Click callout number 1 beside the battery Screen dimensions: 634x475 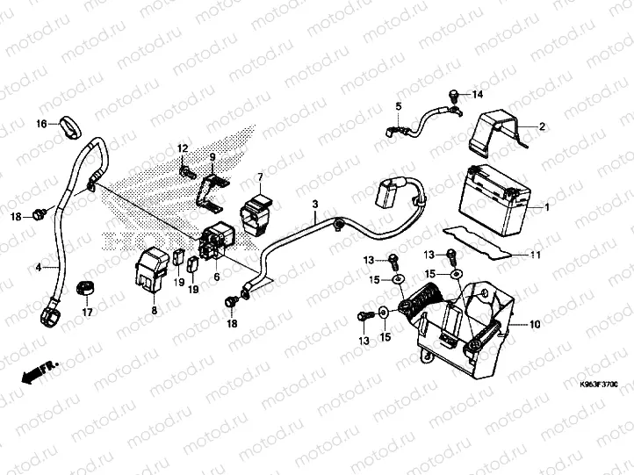tap(547, 207)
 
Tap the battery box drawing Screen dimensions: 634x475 tap(494, 198)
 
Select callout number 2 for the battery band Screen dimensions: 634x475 tap(542, 127)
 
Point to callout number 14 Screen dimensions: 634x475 tap(478, 94)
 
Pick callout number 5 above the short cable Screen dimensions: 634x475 tap(398, 106)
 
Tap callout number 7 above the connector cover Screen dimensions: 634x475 tap(260, 178)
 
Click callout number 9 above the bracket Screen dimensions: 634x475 tap(212, 156)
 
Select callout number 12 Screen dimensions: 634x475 tap(184, 147)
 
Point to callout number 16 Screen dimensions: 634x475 tap(41, 125)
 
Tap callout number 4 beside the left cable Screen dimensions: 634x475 tap(39, 266)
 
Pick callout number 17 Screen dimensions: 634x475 tap(87, 312)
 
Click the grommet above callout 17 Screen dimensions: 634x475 tap(86, 286)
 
